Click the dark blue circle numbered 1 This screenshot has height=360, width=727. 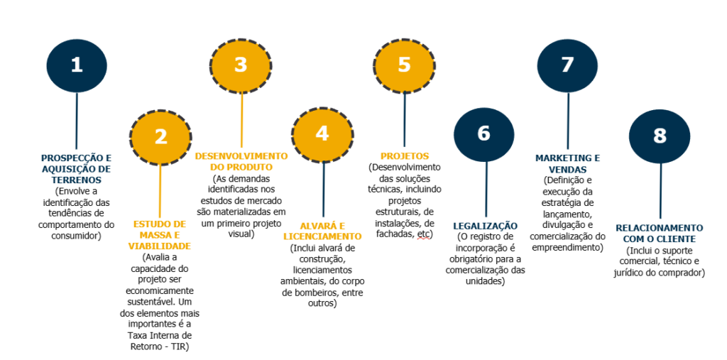(x=77, y=65)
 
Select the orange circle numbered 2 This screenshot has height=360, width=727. (x=160, y=136)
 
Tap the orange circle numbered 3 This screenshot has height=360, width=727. (x=241, y=65)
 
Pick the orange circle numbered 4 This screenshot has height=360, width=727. (x=322, y=134)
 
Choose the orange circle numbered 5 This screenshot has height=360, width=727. (x=404, y=65)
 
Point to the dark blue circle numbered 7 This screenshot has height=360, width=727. (x=567, y=65)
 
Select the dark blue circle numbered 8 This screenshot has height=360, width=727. (x=660, y=135)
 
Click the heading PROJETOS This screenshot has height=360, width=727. (x=405, y=156)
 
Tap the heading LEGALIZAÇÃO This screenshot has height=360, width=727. (x=486, y=225)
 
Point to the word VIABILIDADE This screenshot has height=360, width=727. (x=160, y=246)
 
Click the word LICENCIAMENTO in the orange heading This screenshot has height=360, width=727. (x=322, y=236)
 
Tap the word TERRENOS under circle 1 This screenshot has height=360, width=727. (x=76, y=180)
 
